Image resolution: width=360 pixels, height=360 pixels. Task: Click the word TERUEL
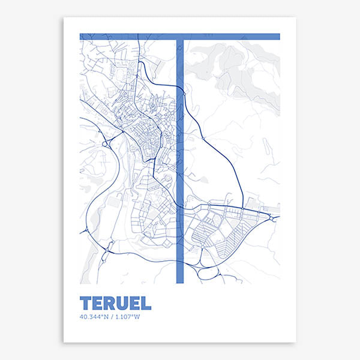click(115, 303)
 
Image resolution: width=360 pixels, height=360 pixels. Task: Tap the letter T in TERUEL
click(86, 303)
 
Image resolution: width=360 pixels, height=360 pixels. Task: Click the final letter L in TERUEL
click(146, 303)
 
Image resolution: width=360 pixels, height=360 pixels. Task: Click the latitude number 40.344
click(90, 317)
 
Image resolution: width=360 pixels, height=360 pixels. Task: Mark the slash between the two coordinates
click(113, 317)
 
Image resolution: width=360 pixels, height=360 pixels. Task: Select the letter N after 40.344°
click(107, 317)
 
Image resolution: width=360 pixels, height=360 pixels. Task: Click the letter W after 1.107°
click(137, 317)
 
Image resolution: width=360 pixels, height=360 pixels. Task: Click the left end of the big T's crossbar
click(82, 37)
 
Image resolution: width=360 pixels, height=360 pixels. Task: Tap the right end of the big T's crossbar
click(278, 37)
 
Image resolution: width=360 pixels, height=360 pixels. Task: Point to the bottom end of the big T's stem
click(179, 281)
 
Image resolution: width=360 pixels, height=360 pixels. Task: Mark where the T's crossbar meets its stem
click(179, 37)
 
